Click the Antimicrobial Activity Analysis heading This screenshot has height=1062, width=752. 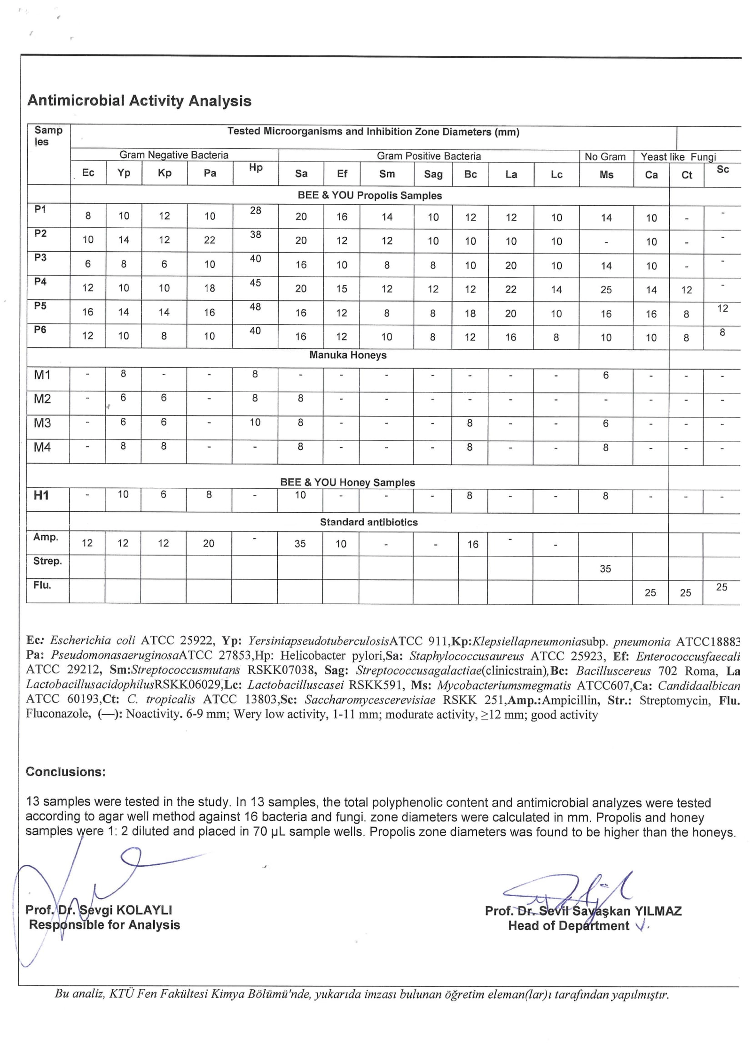(139, 101)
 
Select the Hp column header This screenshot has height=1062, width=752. (255, 168)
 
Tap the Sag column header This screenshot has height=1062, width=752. (433, 174)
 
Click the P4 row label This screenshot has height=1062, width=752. (40, 282)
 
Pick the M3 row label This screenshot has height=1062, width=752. (42, 423)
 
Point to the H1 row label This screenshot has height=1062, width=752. (41, 495)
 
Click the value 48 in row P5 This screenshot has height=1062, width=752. (255, 307)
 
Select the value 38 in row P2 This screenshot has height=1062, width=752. (255, 234)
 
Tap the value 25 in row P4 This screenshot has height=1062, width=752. (606, 290)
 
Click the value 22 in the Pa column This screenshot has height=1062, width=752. (210, 240)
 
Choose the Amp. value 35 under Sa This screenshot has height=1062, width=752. (300, 544)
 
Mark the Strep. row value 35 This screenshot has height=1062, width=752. (605, 569)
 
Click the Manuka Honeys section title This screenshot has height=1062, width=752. (348, 355)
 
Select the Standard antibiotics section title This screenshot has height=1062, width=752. (368, 522)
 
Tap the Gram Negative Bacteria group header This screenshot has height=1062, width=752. (174, 155)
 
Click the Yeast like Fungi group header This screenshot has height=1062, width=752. (678, 157)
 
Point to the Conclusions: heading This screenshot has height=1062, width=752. (66, 772)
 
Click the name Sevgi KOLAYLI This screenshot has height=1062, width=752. (125, 910)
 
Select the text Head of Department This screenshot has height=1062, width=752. (568, 926)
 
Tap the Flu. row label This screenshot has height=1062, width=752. (42, 585)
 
